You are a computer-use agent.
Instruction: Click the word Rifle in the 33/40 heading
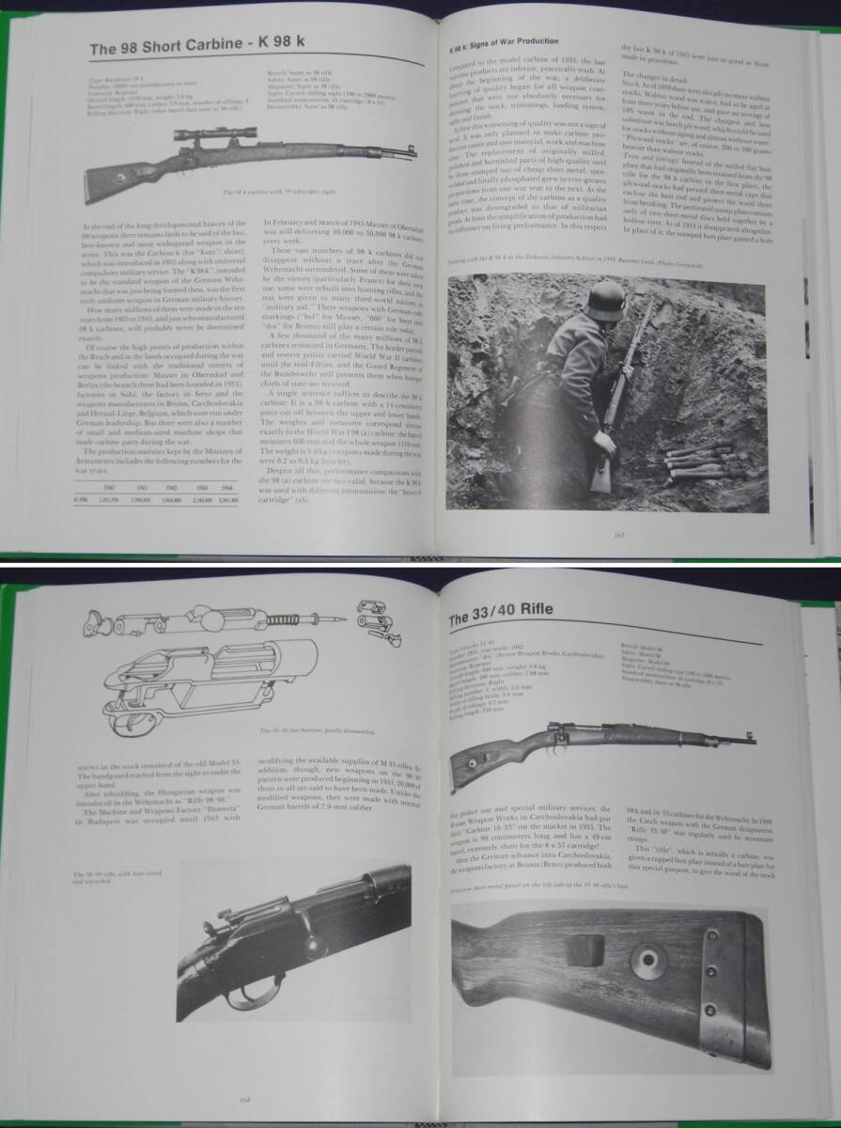point(530,608)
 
